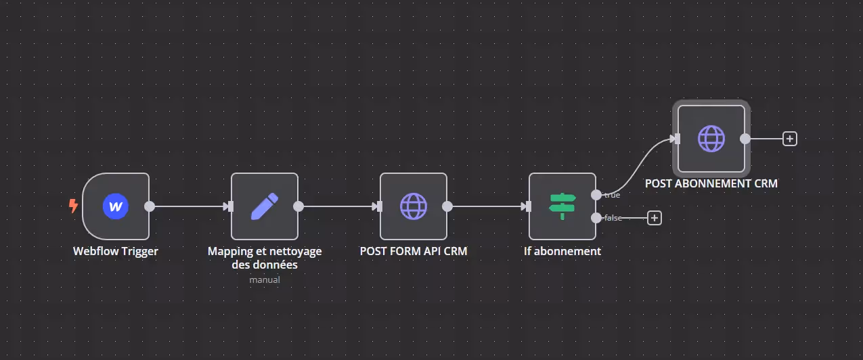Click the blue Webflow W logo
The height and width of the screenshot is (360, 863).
tap(116, 206)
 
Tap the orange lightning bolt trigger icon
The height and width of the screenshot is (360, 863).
tap(73, 206)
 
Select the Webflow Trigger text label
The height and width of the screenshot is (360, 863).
tap(116, 251)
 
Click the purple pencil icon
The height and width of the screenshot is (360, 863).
tap(265, 206)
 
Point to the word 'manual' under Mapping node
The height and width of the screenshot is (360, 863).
tap(265, 279)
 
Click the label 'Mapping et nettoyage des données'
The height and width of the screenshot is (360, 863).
tap(265, 258)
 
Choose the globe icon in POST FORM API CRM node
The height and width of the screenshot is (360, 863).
tap(414, 206)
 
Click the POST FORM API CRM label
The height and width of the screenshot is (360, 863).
tap(414, 251)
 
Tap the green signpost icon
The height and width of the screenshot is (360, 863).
tap(562, 206)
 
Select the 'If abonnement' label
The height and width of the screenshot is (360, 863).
tap(562, 251)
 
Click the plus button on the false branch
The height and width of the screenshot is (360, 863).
tap(655, 218)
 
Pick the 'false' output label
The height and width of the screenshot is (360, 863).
tap(613, 218)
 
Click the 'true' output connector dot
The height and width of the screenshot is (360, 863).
tap(596, 195)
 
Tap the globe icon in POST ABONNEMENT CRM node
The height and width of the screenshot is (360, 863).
tap(711, 139)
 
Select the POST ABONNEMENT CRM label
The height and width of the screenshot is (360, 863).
tap(711, 183)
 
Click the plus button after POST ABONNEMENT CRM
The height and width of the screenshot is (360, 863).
tap(790, 139)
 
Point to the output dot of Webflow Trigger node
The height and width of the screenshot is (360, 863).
tap(150, 206)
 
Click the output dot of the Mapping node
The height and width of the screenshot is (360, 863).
tap(298, 206)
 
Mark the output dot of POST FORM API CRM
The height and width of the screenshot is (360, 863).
tap(447, 206)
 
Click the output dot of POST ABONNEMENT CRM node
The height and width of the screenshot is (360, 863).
tap(745, 139)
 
